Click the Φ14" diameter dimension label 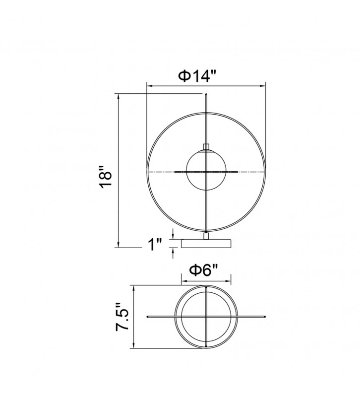[197, 76]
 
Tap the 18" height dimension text [106, 177]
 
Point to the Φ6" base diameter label [203, 270]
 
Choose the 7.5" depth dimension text [122, 317]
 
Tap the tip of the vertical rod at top [207, 94]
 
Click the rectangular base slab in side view [206, 243]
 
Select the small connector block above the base [207, 236]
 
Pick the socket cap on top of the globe [207, 147]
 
